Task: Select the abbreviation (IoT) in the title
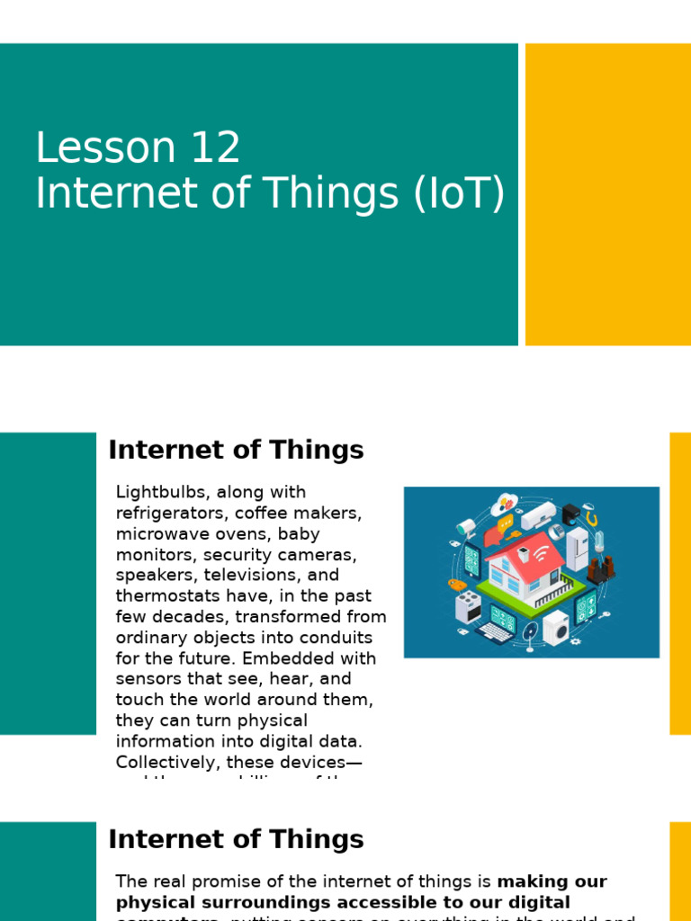pyautogui.click(x=459, y=194)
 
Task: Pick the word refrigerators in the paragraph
pyautogui.click(x=169, y=513)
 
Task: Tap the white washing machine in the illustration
pyautogui.click(x=555, y=627)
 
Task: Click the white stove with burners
pyautogui.click(x=467, y=607)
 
